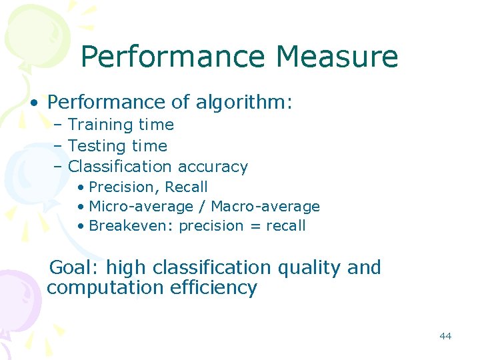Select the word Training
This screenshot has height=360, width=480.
tap(100, 125)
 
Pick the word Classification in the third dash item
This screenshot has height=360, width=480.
tap(120, 167)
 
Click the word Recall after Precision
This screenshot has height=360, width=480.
tap(186, 187)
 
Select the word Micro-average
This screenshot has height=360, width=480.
tap(140, 207)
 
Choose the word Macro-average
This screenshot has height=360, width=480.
tap(265, 207)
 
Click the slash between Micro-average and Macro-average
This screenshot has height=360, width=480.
tap(201, 207)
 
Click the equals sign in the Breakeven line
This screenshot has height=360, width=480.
tap(255, 227)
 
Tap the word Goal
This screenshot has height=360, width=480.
tap(74, 268)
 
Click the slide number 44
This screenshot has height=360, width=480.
tap(445, 336)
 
